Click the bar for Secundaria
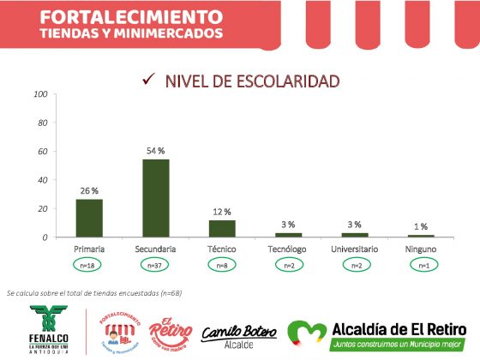[x=156, y=198]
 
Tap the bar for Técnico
[x=222, y=228]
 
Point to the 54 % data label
[x=155, y=151]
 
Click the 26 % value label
[x=89, y=190]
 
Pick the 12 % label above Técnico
[x=222, y=211]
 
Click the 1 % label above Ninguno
[x=421, y=225]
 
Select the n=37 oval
[x=156, y=266]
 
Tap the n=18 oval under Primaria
[x=89, y=266]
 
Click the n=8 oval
[x=222, y=266]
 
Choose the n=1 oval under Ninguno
[x=421, y=266]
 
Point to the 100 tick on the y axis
[x=39, y=93]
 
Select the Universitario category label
[x=355, y=249]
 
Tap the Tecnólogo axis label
[x=288, y=249]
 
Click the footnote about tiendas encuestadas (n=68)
[x=94, y=293]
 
